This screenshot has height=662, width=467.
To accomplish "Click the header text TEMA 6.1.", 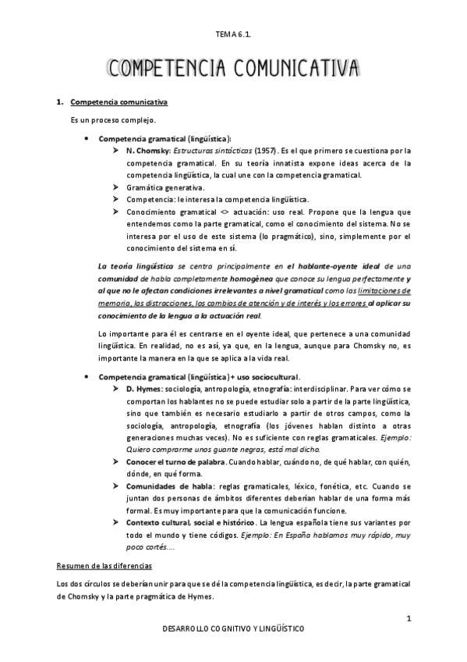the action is click(x=233, y=35).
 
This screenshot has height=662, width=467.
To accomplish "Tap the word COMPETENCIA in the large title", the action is click(x=165, y=69).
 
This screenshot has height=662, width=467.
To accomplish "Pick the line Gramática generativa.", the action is click(x=165, y=188).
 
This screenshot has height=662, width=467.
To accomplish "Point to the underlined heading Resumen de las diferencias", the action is click(x=108, y=565).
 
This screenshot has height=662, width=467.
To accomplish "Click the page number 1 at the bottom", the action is click(x=408, y=619).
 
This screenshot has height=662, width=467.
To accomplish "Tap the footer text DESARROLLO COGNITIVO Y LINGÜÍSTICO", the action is click(x=233, y=628).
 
